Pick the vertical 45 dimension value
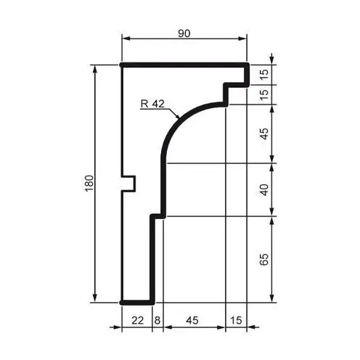point(265,134)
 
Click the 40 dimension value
point(265,189)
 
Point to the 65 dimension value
point(265,258)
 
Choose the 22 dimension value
point(137,319)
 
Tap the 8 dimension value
point(157,319)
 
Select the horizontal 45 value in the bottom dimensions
point(194,319)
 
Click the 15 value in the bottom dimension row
point(236,319)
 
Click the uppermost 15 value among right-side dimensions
point(265,73)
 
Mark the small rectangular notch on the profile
point(128,183)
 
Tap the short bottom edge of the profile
point(136,301)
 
